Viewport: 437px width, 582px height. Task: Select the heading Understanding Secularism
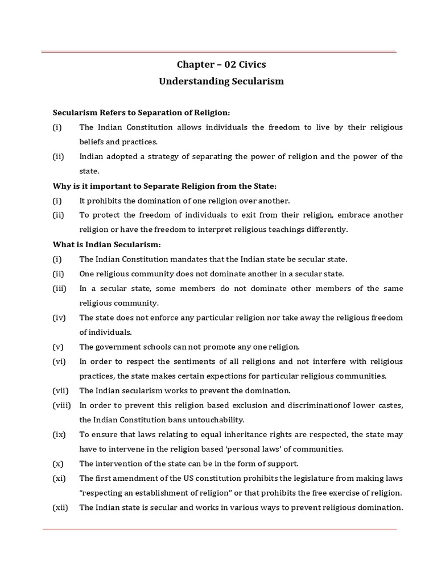221,81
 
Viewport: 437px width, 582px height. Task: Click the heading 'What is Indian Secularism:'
107,244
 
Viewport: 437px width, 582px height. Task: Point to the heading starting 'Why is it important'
165,186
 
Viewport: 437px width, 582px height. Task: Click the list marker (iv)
60,317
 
